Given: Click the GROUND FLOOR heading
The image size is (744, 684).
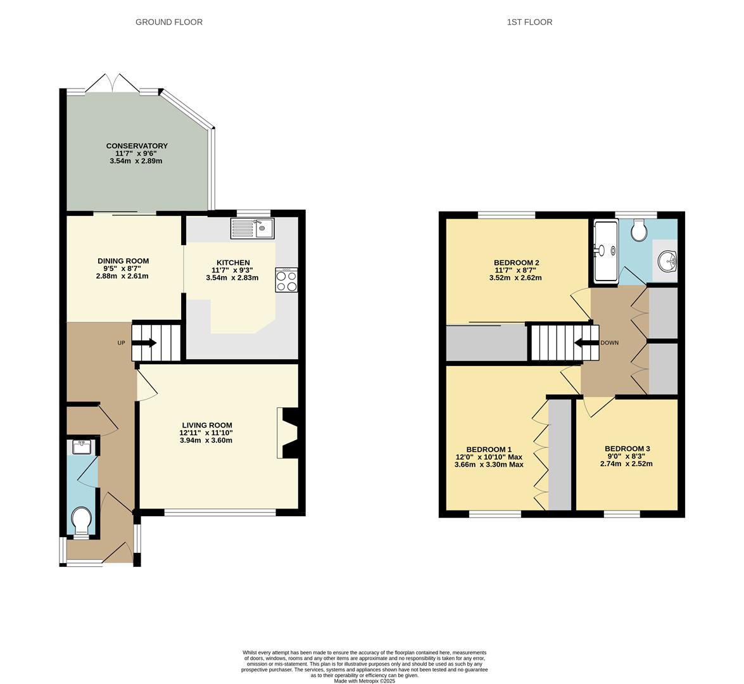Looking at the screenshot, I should (169, 22).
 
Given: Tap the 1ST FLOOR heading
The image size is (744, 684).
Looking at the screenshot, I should (529, 22).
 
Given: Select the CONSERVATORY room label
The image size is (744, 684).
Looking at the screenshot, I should (137, 146).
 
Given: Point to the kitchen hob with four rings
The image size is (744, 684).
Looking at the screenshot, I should (287, 280).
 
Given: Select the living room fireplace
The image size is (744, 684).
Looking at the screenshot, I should (289, 433).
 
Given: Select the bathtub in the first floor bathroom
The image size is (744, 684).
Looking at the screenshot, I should (605, 251).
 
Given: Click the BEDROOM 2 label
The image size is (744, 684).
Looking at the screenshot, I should (516, 263).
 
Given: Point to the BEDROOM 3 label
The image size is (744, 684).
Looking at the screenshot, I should (627, 448).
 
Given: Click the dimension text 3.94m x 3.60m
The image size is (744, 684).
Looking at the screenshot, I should (206, 440).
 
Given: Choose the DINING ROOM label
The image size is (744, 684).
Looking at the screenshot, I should (123, 261).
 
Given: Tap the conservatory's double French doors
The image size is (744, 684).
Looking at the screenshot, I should (112, 84).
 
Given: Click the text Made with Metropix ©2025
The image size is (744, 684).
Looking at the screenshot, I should (365, 681).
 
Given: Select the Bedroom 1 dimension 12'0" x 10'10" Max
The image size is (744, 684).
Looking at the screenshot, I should (489, 457).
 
